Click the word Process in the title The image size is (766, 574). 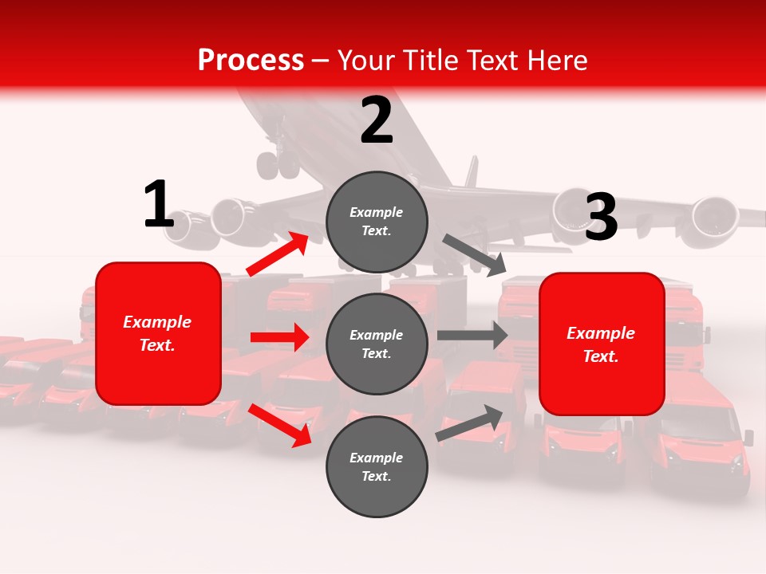tap(251, 60)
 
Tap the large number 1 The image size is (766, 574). tap(159, 205)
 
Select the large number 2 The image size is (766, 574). tap(377, 120)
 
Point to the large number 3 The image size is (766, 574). tap(601, 217)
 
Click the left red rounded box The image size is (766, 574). tap(158, 333)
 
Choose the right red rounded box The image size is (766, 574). tap(602, 344)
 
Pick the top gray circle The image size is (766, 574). tap(377, 222)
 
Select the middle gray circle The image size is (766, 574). tap(377, 344)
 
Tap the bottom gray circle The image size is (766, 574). tap(377, 466)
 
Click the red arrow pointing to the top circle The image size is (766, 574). tap(278, 254)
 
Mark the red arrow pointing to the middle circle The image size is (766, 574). tap(279, 337)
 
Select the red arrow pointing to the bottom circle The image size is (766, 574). tap(280, 425)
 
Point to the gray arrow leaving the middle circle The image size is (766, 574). tap(472, 335)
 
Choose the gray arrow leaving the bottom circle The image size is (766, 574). tap(470, 423)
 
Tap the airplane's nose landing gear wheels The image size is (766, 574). tap(278, 164)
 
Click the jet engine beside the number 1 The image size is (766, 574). tap(219, 218)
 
